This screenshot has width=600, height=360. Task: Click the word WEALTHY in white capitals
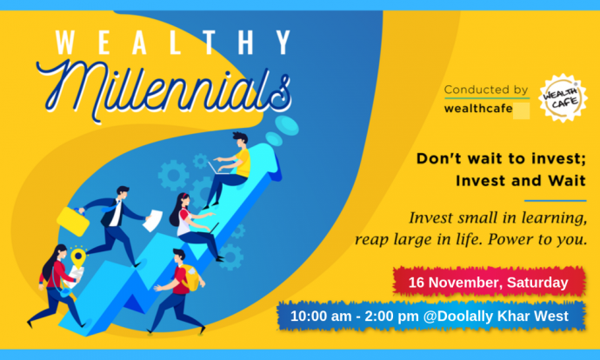[173, 42]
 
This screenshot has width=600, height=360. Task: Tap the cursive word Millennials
[164, 91]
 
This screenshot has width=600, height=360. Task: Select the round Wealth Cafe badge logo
[563, 98]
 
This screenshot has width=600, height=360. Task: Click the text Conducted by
[486, 90]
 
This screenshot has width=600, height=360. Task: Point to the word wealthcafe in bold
[478, 109]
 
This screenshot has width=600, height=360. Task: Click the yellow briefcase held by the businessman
[73, 221]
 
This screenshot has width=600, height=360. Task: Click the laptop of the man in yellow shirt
[217, 169]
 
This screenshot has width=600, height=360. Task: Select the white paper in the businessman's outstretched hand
[152, 221]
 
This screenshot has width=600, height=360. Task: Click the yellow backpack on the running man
[190, 277]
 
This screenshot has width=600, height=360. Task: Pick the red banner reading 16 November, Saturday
[489, 283]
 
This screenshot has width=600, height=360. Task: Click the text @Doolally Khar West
[496, 317]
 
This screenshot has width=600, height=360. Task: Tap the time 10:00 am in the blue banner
[322, 317]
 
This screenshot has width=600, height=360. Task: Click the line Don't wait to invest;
[501, 158]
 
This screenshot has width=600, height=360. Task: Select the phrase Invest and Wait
[521, 180]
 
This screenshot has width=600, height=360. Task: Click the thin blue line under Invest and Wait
[556, 201]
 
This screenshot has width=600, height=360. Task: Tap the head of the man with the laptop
[240, 140]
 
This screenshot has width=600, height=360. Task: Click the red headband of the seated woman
[186, 197]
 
